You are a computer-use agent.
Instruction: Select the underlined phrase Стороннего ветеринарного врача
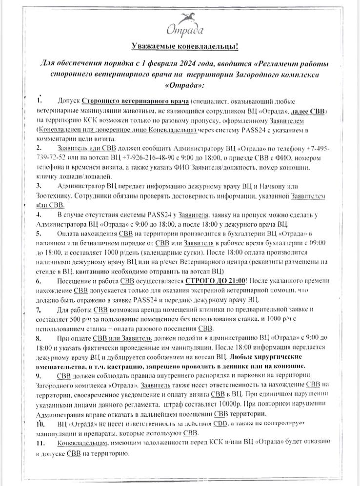(135, 101)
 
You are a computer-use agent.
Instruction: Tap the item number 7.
(39, 310)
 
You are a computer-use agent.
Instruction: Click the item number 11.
(41, 443)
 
